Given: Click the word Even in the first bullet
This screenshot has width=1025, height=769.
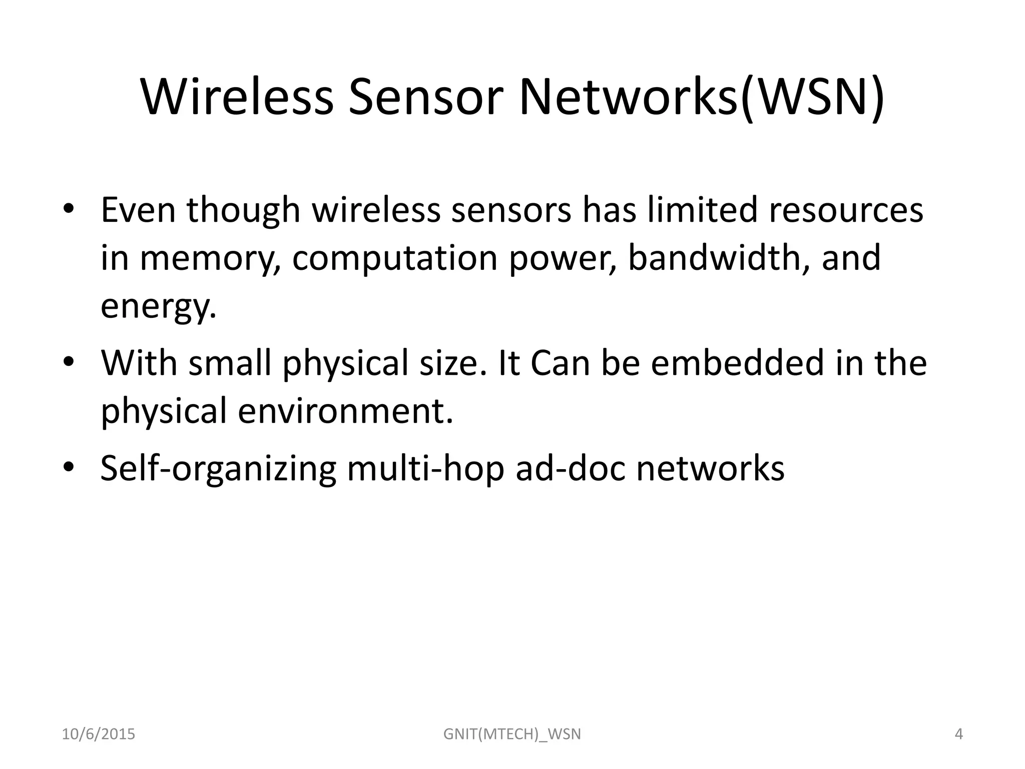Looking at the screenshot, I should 138,210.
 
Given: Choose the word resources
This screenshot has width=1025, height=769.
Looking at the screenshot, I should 846,210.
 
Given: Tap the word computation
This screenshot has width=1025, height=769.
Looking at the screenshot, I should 395,258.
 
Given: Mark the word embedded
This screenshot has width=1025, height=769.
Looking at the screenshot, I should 737,362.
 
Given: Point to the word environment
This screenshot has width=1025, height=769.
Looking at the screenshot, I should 345,411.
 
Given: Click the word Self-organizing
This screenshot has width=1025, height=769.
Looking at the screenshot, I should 218,469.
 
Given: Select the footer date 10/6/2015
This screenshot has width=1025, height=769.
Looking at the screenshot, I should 99,734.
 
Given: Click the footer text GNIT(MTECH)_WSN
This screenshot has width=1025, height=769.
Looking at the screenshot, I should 512,734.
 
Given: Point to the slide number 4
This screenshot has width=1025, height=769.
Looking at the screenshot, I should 959,734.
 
